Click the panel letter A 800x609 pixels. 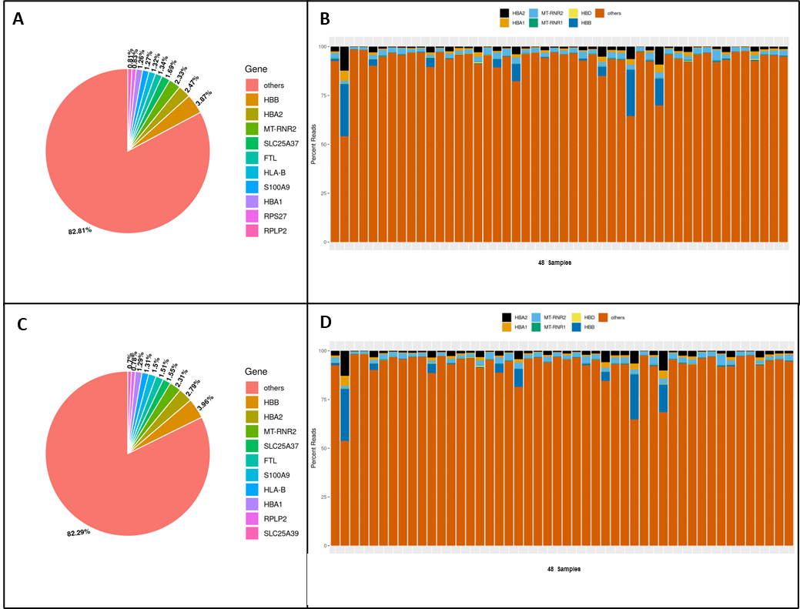(x=18, y=19)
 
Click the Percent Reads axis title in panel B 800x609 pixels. (x=314, y=144)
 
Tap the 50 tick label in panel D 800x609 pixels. (x=323, y=448)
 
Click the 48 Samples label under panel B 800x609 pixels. (x=554, y=263)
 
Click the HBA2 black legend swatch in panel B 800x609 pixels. (x=504, y=13)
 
